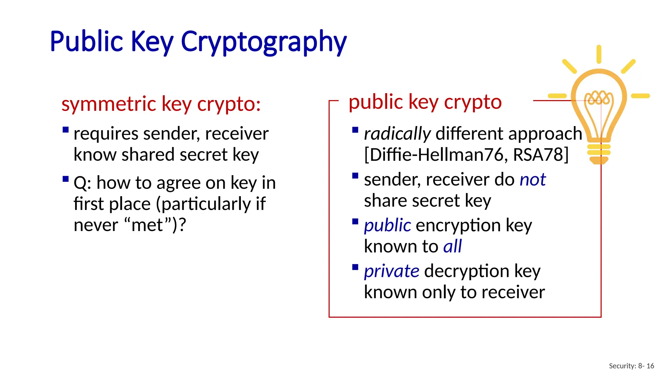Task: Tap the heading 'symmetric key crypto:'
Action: (161, 104)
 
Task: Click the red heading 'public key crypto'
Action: (425, 102)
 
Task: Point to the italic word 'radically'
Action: (397, 134)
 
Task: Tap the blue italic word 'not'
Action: (533, 180)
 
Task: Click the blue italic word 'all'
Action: (452, 246)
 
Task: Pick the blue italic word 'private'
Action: (391, 271)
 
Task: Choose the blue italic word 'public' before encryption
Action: (387, 225)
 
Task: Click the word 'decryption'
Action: (466, 271)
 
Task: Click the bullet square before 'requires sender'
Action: (66, 130)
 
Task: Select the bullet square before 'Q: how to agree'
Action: (66, 179)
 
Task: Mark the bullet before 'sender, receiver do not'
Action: (355, 176)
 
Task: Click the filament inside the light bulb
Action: (599, 97)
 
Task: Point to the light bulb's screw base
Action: (599, 152)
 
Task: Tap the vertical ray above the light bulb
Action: (599, 54)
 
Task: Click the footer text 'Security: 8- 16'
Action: (631, 366)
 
